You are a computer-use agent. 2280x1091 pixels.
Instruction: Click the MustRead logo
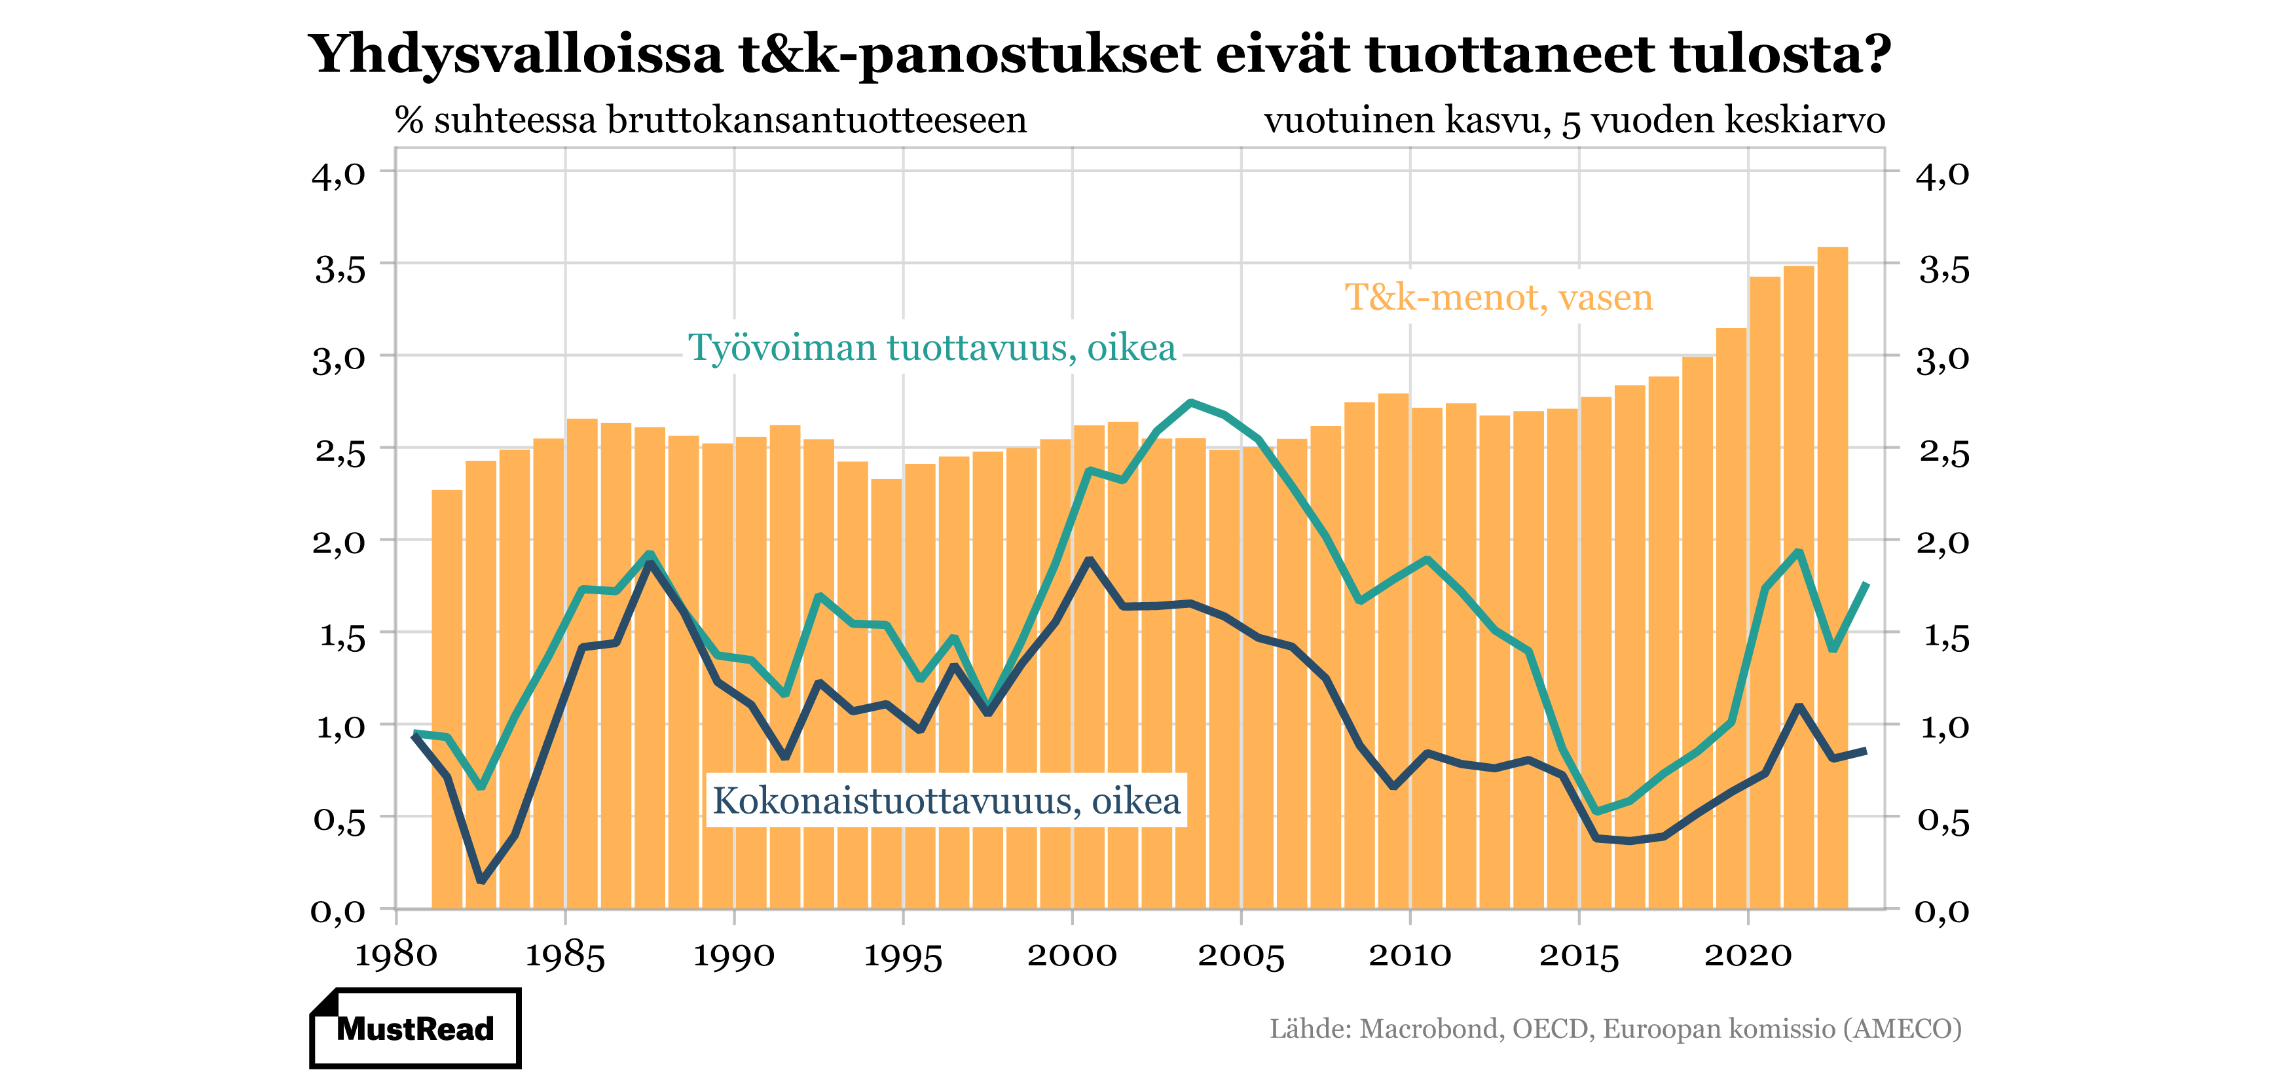coord(414,1028)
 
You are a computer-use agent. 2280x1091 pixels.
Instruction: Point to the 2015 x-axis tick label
coord(1578,956)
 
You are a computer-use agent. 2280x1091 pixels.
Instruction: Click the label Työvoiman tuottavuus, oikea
coord(931,348)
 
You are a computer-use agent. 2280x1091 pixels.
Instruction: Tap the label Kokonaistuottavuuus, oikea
coord(946,801)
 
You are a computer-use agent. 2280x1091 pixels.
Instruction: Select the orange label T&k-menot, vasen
coord(1498,297)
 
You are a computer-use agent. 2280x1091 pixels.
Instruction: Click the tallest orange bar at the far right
coord(1832,575)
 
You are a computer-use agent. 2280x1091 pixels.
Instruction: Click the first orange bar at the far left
coord(447,699)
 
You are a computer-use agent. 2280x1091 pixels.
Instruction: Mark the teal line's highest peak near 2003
coord(1191,402)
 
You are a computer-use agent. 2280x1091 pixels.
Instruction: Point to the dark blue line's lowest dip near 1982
coord(481,880)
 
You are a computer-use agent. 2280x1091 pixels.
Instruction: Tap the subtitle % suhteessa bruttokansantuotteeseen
coord(710,120)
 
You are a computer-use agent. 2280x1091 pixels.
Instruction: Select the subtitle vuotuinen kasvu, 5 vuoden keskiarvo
coord(1573,120)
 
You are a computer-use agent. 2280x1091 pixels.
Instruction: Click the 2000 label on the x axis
coord(1071,956)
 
